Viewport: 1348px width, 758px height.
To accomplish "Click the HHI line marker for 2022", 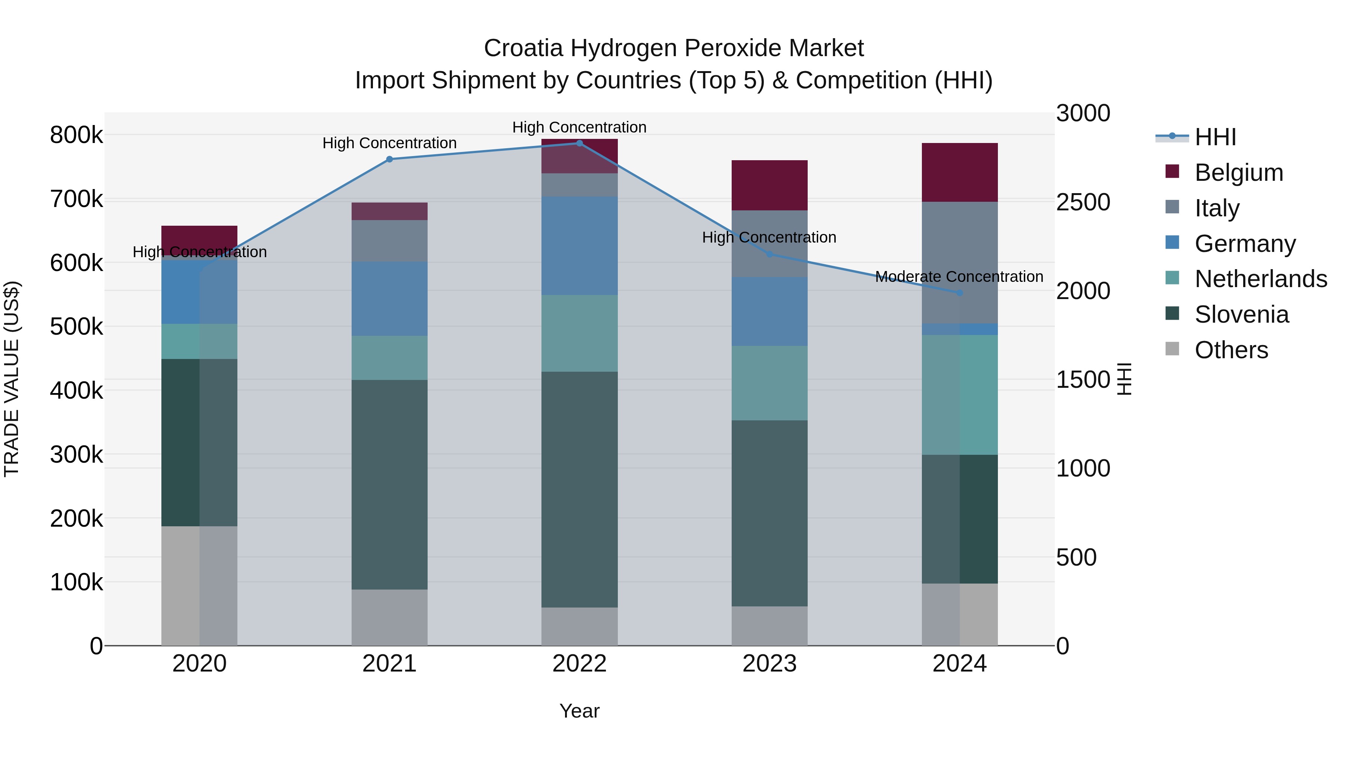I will click(x=579, y=143).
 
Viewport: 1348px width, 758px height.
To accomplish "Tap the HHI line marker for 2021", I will click(x=389, y=159).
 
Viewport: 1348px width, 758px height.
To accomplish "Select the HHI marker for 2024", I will click(x=959, y=293).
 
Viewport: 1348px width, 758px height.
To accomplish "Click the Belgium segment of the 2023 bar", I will click(x=769, y=185).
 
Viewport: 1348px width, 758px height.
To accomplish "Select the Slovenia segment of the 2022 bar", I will click(x=579, y=489).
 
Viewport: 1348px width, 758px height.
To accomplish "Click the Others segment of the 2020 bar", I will click(x=199, y=585).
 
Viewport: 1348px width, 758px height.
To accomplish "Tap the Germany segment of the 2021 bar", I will click(x=389, y=299).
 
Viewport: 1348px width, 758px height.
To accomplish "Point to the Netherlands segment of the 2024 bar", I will click(x=959, y=395).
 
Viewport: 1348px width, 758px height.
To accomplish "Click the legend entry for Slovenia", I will click(x=1241, y=314).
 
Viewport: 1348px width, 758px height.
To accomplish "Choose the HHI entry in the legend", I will click(x=1215, y=137).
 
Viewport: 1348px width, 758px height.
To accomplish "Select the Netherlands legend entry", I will click(x=1260, y=279).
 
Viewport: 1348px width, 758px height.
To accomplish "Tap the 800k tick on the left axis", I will click(x=76, y=135).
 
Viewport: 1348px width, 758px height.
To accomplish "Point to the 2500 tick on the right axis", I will click(x=1083, y=203).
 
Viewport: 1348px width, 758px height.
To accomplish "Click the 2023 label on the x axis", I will click(x=769, y=664).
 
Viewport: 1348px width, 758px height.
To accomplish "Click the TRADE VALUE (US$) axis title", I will click(x=12, y=379).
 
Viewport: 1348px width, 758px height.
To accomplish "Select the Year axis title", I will click(x=579, y=711).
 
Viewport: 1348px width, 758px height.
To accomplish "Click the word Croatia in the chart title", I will click(x=523, y=48).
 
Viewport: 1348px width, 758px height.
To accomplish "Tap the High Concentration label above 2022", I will click(x=579, y=127).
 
